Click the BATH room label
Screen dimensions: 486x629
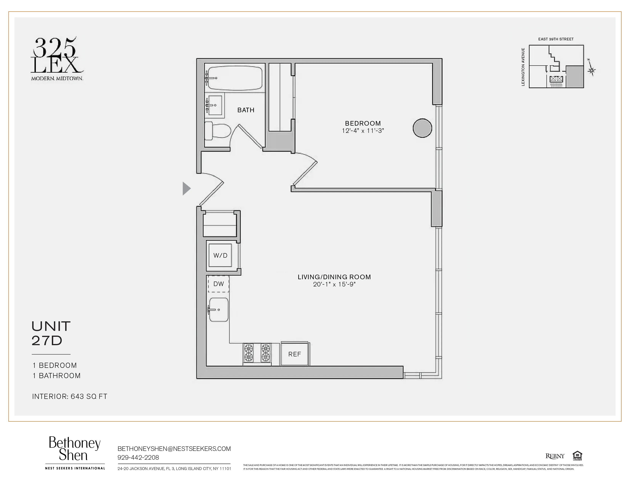(246, 110)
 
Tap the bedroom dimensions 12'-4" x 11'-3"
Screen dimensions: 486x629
(363, 131)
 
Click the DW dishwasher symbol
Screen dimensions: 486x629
(219, 284)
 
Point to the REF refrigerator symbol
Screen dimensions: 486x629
(295, 354)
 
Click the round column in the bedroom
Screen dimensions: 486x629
(422, 128)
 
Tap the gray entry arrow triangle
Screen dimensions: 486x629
(186, 188)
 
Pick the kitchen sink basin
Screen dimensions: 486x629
(219, 310)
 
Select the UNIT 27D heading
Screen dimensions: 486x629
(51, 333)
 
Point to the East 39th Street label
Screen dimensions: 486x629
(556, 39)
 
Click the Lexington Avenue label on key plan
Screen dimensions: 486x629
(523, 67)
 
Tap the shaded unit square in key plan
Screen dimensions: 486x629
(574, 77)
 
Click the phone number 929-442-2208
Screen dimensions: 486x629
(138, 457)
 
